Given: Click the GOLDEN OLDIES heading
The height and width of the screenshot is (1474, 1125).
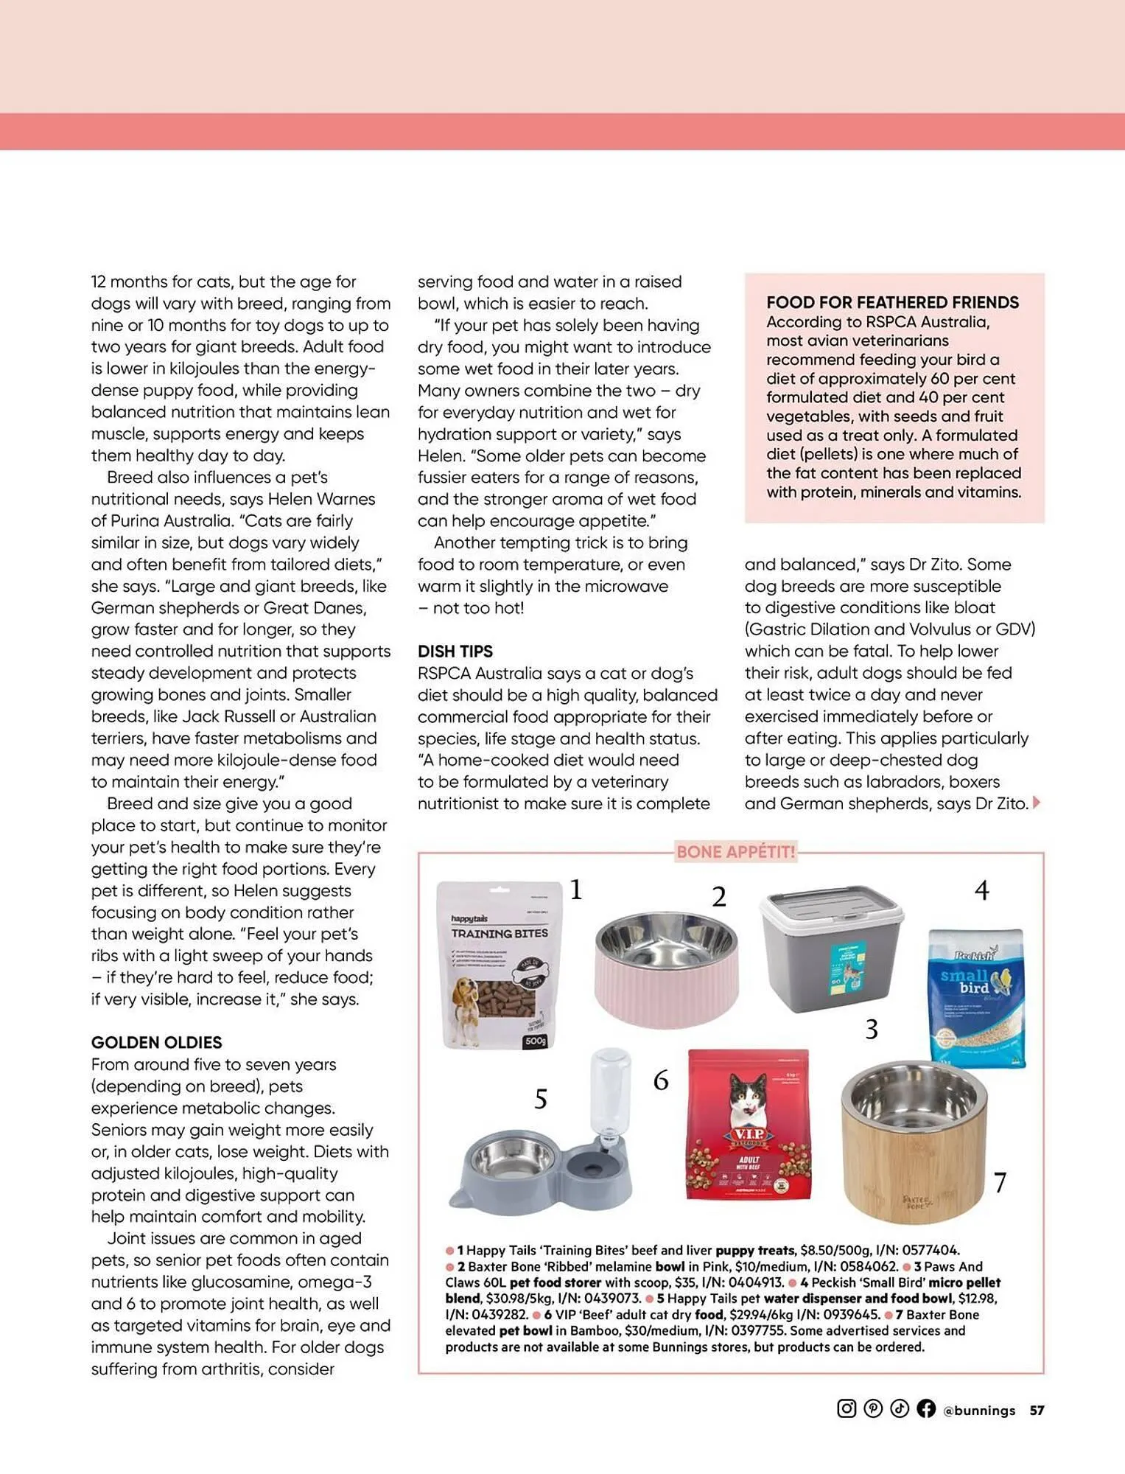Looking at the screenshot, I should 156,1042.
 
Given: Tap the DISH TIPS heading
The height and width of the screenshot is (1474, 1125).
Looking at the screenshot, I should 455,651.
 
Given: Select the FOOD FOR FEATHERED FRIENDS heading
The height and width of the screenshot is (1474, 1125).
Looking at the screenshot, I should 892,302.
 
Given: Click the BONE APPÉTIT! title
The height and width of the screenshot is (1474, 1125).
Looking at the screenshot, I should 735,852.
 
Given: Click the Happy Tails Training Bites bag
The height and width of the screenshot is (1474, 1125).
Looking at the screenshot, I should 499,965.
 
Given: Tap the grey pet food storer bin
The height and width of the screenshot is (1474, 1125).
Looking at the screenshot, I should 831,950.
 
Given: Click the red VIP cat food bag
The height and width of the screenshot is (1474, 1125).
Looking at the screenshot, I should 749,1125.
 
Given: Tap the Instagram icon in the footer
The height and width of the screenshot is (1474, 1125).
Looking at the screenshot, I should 847,1408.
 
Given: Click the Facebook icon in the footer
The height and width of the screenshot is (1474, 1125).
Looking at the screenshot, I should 926,1408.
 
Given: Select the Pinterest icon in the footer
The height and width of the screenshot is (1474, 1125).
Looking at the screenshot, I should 873,1408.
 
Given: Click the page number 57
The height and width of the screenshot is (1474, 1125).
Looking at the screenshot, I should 1037,1410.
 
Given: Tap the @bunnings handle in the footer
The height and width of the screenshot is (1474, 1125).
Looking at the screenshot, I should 979,1410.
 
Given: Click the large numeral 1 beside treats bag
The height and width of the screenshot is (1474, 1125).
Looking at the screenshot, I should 576,890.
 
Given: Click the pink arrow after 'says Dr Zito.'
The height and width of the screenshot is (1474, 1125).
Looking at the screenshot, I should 1037,803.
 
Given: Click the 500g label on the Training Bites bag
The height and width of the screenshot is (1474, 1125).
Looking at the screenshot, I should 535,1041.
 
